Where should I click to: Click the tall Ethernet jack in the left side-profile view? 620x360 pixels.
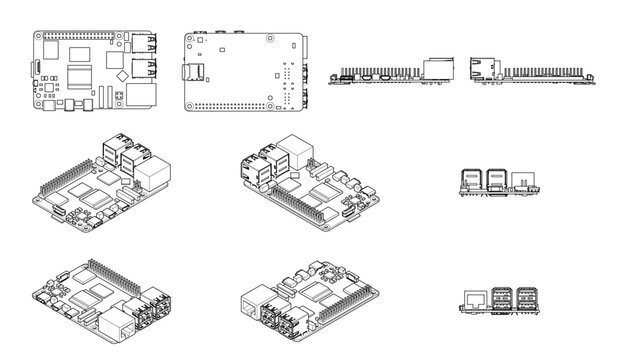438,68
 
